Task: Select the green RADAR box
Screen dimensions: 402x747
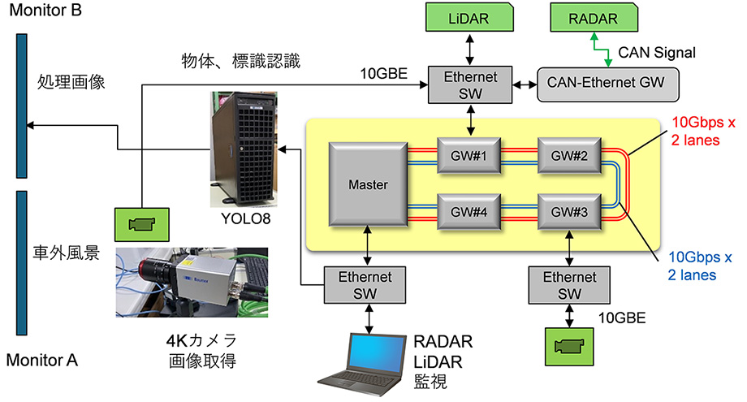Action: (x=596, y=18)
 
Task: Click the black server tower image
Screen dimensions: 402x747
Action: (x=241, y=149)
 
